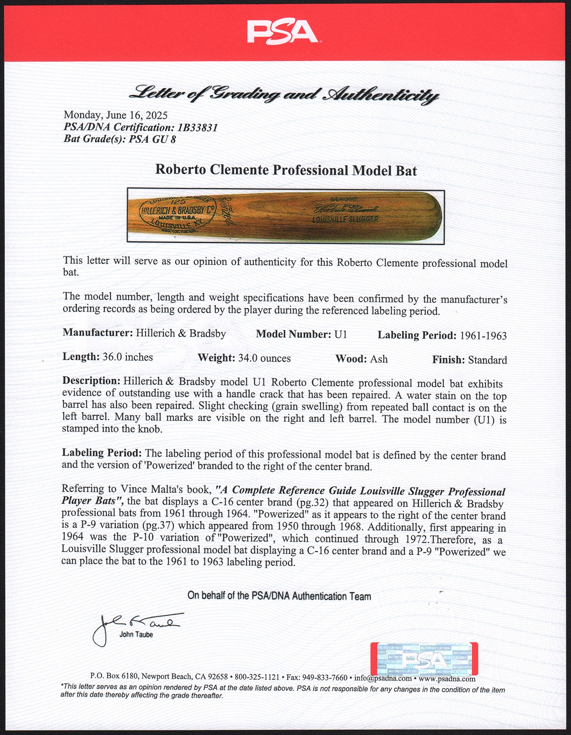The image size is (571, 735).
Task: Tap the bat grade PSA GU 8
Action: coord(152,139)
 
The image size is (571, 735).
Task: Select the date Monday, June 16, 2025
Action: coord(116,116)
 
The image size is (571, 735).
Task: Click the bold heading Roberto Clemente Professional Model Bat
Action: coord(286,170)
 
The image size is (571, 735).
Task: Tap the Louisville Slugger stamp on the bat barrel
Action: coord(345,219)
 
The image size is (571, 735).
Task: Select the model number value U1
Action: coord(341,334)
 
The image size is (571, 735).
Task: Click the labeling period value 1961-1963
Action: coord(483,336)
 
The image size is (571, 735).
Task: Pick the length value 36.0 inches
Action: coord(127,357)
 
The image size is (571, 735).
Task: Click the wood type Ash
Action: coord(379,359)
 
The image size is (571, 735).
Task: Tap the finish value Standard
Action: coord(487,360)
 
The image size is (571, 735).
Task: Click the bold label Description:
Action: coord(91,381)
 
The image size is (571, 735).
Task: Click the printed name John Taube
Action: coord(136,635)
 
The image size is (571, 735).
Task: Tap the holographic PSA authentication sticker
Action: coord(424,659)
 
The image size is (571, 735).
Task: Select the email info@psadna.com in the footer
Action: coord(383,678)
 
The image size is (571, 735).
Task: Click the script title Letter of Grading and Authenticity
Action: coord(283,95)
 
